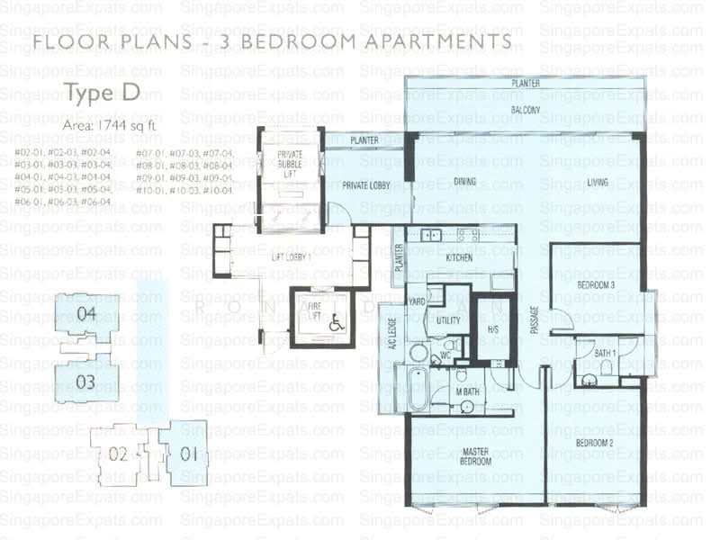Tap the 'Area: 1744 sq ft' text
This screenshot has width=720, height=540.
click(109, 127)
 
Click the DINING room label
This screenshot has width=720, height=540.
click(465, 182)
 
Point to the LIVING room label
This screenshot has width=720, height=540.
click(598, 183)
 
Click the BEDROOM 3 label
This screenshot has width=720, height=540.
click(596, 286)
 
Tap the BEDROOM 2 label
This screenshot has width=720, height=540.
click(594, 444)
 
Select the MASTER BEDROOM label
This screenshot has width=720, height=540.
click(474, 456)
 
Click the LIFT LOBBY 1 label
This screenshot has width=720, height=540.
click(291, 258)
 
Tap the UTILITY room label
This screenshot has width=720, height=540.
click(449, 320)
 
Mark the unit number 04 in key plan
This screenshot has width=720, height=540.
click(85, 315)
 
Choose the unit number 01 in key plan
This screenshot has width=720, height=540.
click(188, 454)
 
